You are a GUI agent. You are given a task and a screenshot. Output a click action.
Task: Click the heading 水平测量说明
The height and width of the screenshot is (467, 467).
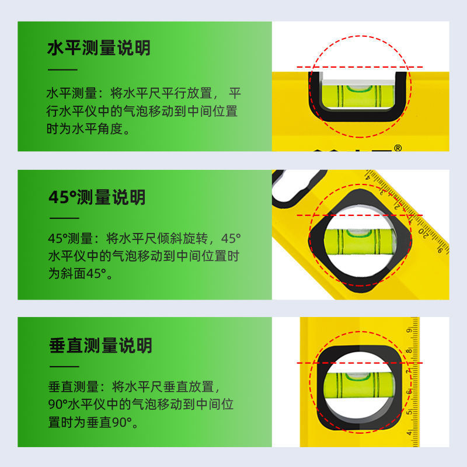pyautogui.click(x=99, y=48)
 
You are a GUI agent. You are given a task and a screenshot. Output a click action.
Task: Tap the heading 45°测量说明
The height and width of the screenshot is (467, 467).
pyautogui.click(x=97, y=197)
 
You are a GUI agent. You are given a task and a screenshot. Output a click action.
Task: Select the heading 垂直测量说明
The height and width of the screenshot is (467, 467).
pyautogui.click(x=100, y=346)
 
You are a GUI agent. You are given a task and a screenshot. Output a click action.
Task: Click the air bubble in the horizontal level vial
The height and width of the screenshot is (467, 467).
pyautogui.click(x=360, y=88)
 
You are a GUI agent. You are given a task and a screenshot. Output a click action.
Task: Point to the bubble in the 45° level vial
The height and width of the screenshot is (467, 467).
pyautogui.click(x=360, y=232)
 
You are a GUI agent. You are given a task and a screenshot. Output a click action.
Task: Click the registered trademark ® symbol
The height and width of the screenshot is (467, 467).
pyautogui.click(x=398, y=148)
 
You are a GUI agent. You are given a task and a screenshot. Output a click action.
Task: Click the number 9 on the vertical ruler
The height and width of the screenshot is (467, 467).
pyautogui.click(x=409, y=330)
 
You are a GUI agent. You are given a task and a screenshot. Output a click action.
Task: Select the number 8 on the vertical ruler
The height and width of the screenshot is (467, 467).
pyautogui.click(x=409, y=351)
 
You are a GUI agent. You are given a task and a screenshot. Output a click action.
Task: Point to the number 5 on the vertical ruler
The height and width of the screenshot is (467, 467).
pyautogui.click(x=409, y=412)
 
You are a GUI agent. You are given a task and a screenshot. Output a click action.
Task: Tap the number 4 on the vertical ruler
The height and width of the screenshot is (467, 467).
pyautogui.click(x=409, y=433)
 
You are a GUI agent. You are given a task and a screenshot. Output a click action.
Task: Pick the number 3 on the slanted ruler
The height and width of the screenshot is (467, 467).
pyautogui.click(x=383, y=192)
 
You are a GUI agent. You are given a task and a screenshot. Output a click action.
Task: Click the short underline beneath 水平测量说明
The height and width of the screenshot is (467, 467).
pyautogui.click(x=62, y=69)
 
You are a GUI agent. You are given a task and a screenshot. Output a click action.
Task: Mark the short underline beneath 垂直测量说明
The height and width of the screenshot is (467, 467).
pyautogui.click(x=64, y=367)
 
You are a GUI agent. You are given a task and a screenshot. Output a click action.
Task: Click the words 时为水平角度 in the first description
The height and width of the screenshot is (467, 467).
pyautogui.click(x=85, y=129)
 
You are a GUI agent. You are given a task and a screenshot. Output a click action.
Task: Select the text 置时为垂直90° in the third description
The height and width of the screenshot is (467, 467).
pyautogui.click(x=90, y=422)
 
